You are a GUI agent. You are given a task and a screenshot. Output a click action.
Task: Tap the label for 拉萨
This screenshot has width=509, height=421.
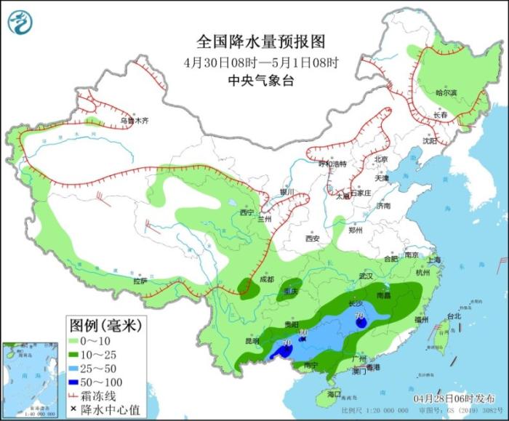140,281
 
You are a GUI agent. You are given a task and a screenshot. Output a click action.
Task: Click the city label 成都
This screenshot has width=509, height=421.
266,279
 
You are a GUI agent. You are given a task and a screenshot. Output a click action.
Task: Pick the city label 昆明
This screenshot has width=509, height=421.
252,340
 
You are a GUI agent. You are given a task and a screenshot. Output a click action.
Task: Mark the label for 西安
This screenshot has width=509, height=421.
313,238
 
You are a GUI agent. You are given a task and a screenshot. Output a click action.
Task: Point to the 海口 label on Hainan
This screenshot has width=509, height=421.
334,393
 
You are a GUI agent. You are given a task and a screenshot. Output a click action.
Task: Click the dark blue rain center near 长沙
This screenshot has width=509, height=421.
361,324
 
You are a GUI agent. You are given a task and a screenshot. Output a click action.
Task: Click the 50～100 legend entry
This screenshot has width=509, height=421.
95,381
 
